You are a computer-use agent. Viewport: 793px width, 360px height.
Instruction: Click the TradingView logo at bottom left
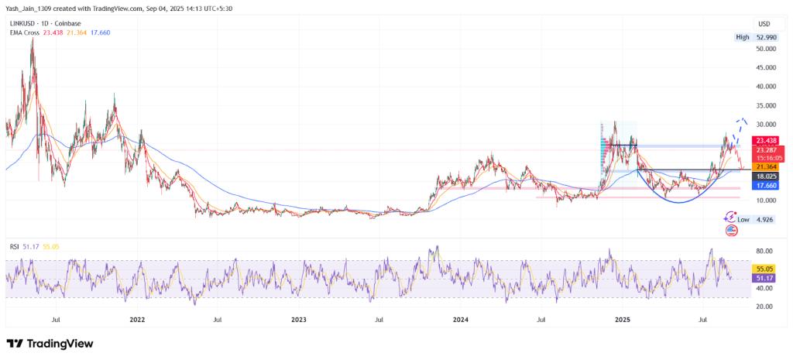(50, 343)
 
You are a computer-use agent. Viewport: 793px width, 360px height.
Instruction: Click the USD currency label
(762, 23)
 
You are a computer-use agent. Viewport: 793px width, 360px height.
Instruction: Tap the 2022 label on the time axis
(137, 318)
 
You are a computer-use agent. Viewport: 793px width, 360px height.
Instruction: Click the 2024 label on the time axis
(460, 318)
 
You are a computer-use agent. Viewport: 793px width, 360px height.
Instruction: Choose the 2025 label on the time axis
(621, 318)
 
